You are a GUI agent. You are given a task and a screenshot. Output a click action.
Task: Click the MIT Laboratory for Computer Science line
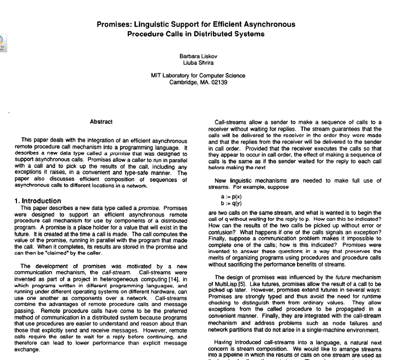pos(198,75)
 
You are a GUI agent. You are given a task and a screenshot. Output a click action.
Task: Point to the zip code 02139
pos(219,82)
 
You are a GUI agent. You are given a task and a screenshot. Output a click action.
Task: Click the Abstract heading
pos(101,122)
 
